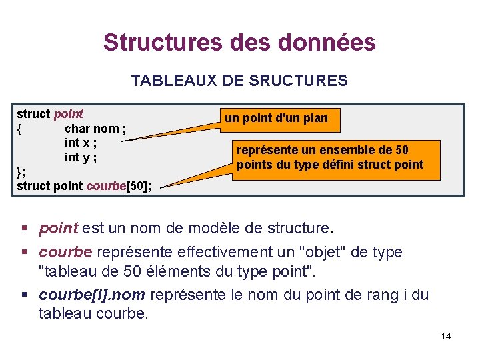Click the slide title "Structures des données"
[239, 43]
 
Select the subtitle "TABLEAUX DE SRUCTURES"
[239, 81]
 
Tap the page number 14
[446, 336]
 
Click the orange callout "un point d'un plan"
[276, 119]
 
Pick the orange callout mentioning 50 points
[330, 158]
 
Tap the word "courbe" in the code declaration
[106, 186]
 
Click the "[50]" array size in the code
[136, 186]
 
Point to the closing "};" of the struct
[21, 172]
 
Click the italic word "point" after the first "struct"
[69, 114]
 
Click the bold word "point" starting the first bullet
[59, 229]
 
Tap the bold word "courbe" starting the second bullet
[66, 252]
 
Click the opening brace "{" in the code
[20, 129]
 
